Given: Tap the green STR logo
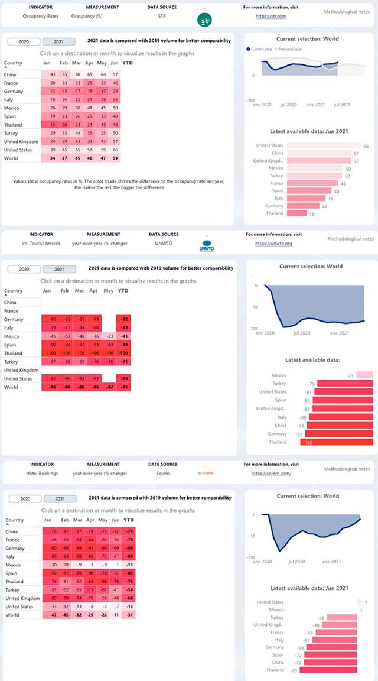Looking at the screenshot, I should tap(204, 20).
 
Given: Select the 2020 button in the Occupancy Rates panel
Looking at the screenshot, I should tap(24, 42).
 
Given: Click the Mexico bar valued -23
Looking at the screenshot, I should tap(364, 375).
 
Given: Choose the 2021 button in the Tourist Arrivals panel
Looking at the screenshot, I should tap(58, 270).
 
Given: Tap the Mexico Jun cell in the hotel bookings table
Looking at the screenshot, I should tap(116, 565).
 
